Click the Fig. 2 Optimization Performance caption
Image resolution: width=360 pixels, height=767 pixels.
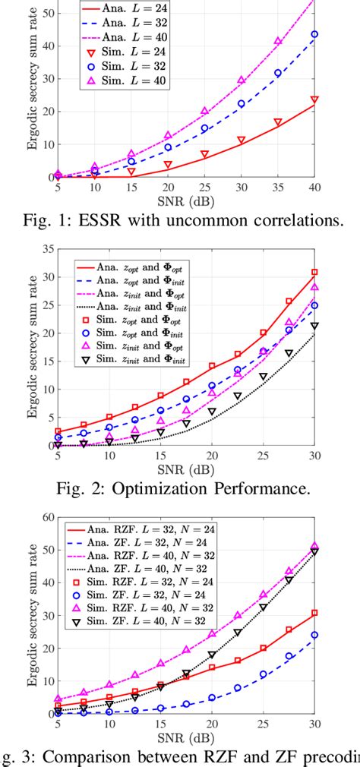point(180,487)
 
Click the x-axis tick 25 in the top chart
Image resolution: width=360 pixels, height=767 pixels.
point(204,187)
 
